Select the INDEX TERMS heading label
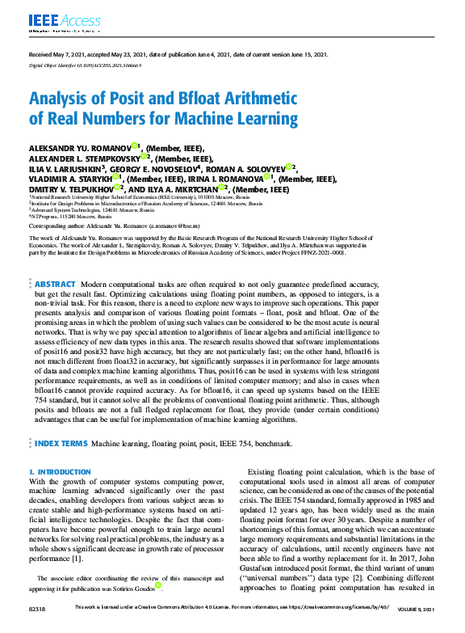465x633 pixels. pos(61,445)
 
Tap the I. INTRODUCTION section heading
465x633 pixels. pos(60,471)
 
